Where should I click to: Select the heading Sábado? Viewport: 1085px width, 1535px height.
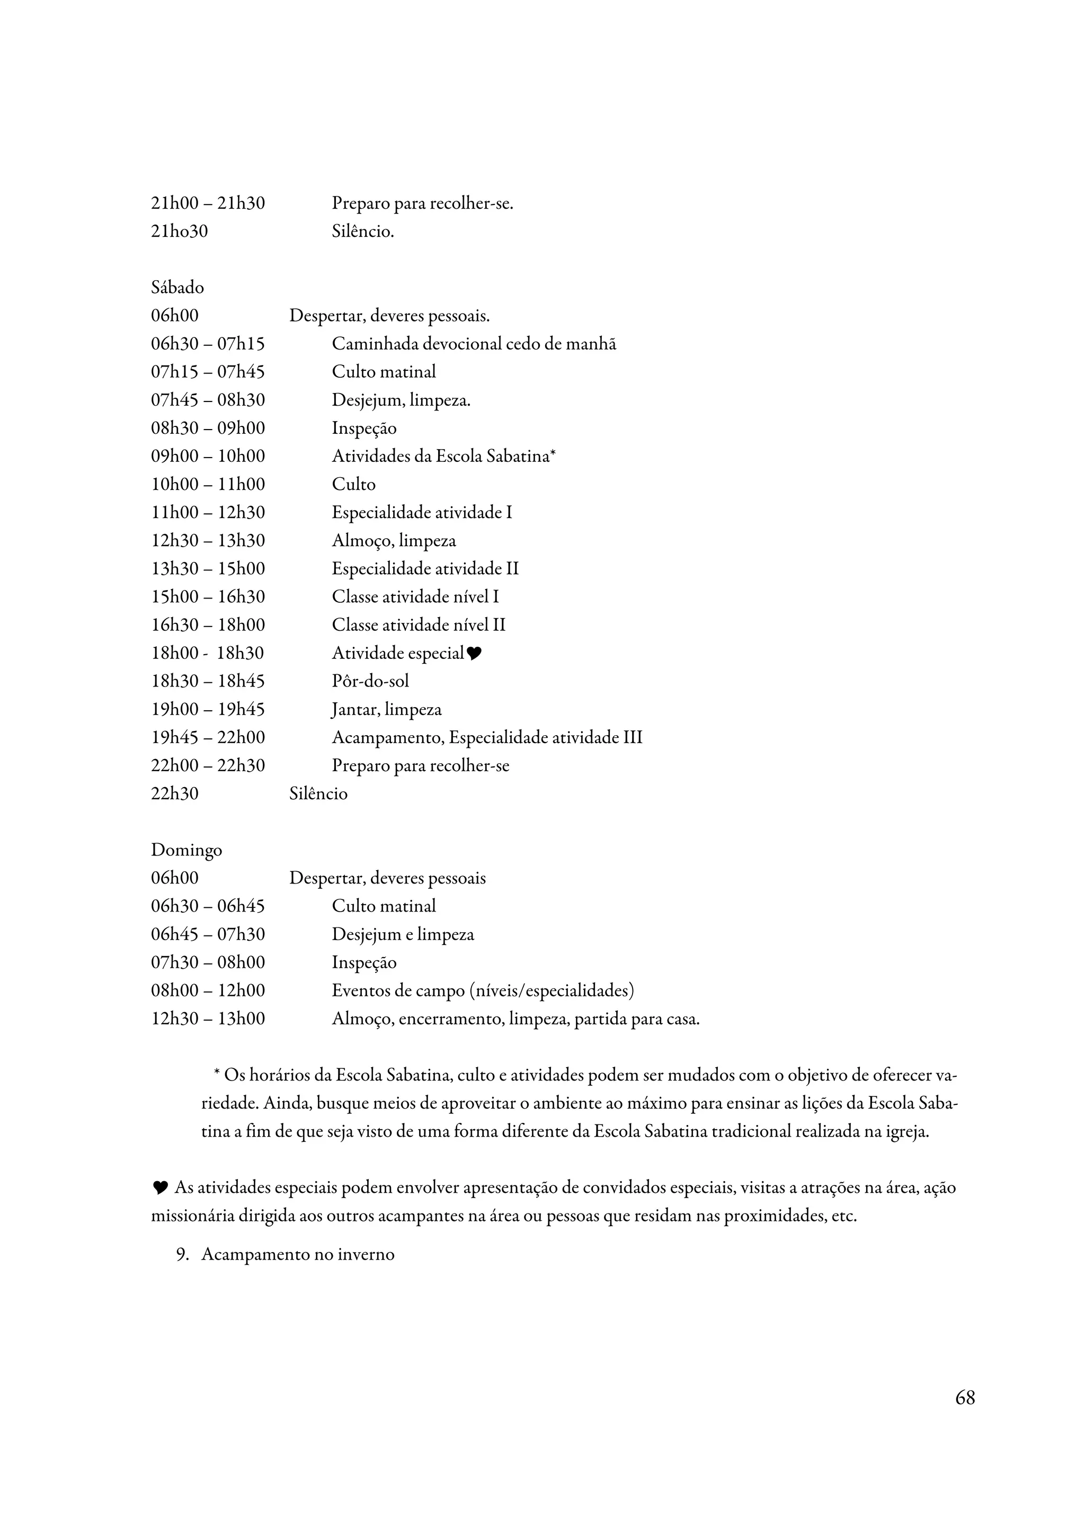pos(177,288)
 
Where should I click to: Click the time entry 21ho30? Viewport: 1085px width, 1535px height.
pos(179,231)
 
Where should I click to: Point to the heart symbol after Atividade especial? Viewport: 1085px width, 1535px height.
pos(474,654)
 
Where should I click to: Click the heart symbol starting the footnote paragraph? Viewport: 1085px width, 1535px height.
pos(160,1188)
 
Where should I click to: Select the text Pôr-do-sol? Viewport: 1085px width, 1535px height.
pos(370,681)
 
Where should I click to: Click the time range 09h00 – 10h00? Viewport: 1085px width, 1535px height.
pos(208,456)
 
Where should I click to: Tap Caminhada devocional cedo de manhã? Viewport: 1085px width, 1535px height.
pos(474,344)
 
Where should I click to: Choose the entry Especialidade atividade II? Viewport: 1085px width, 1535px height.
pos(425,568)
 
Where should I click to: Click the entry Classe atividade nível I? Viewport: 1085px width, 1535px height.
pos(415,596)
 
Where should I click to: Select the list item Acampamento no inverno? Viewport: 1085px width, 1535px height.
pos(298,1254)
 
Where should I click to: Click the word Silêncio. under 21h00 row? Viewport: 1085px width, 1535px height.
pos(362,231)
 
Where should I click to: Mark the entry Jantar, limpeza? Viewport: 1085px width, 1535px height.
pos(386,709)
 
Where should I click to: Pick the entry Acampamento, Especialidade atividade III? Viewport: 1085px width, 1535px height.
pos(487,737)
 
